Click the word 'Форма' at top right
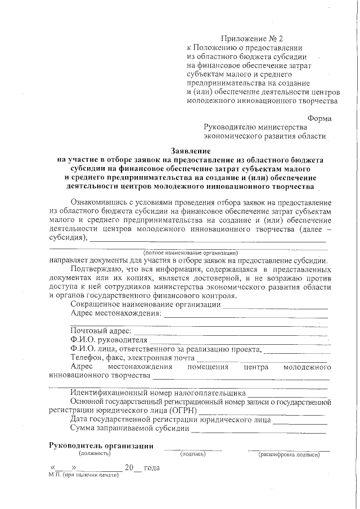tap(319, 118)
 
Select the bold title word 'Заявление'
tap(191, 151)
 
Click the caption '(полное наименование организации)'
tap(191, 253)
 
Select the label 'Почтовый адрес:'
tap(101, 331)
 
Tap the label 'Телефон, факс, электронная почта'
tap(132, 358)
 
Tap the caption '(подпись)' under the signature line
tap(193, 454)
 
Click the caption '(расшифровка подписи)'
tap(289, 454)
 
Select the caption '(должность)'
tap(94, 453)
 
